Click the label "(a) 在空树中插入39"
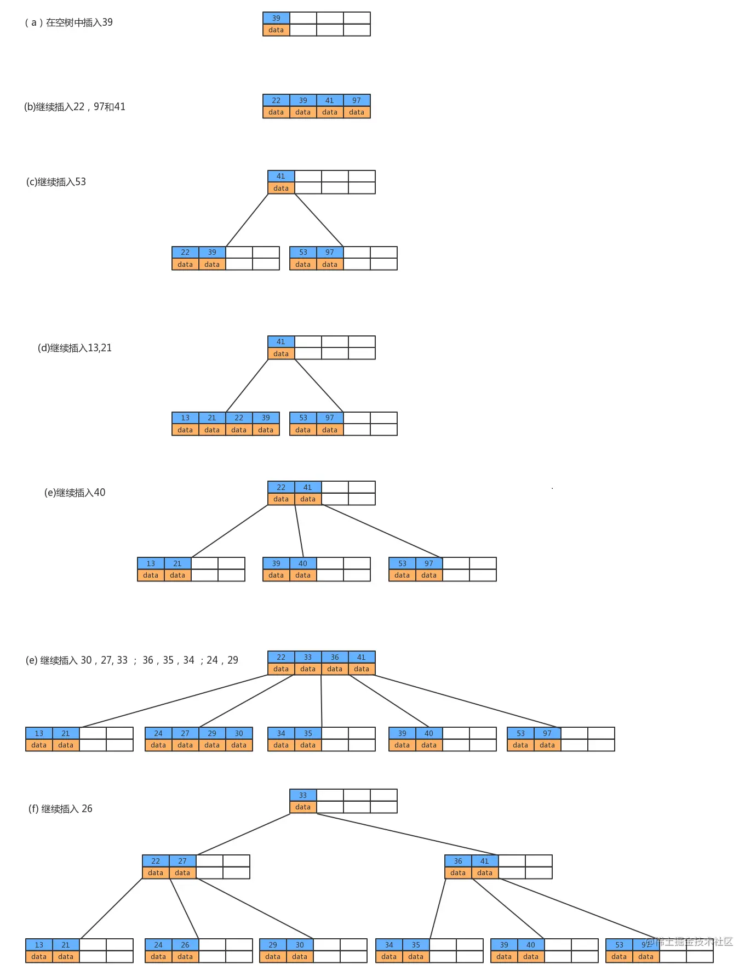pos(68,22)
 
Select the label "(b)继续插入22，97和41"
pos(75,107)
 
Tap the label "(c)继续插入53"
pos(56,182)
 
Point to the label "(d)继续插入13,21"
pos(75,348)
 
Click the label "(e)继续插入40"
pos(75,493)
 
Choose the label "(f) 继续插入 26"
pos(60,809)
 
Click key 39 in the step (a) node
pos(276,18)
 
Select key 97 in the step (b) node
pos(357,100)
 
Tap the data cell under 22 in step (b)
pos(276,112)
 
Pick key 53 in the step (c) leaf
pos(303,252)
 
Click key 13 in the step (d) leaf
pos(185,418)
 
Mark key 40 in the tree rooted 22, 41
pos(303,563)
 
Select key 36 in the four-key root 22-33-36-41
pos(335,657)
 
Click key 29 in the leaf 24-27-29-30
pos(212,733)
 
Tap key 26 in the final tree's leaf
pos(185,945)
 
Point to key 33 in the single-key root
pos(303,795)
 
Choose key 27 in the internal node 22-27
pos(182,861)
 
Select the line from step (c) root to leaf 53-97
pos(319,220)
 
